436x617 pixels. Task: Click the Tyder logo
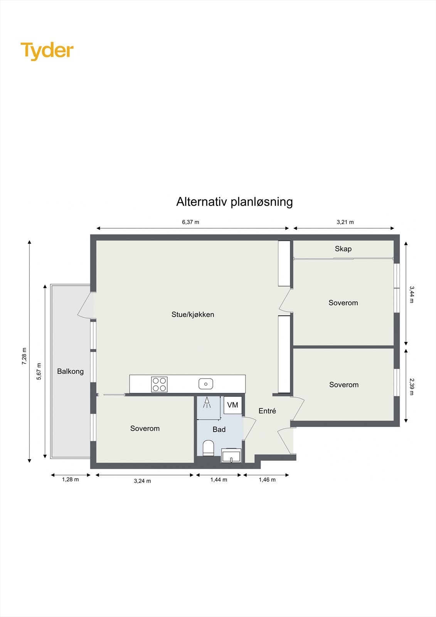click(x=47, y=51)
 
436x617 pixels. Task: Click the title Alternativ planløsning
click(x=234, y=202)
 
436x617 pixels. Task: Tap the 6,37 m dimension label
click(x=190, y=222)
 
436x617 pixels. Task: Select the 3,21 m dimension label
click(x=345, y=222)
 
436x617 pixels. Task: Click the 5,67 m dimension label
click(x=39, y=372)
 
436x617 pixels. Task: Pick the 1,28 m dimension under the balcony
click(x=71, y=480)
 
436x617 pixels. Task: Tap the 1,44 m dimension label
click(x=219, y=480)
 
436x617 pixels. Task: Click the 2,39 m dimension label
click(x=411, y=386)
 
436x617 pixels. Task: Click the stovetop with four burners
click(x=159, y=384)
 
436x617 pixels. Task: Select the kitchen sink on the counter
click(x=206, y=384)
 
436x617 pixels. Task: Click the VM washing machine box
click(x=233, y=405)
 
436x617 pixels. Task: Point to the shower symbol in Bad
click(x=207, y=403)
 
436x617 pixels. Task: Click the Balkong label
click(x=70, y=371)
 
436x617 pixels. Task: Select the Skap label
click(x=343, y=249)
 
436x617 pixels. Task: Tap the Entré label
click(x=267, y=411)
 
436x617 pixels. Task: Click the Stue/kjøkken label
click(x=193, y=315)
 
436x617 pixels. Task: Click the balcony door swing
click(x=86, y=305)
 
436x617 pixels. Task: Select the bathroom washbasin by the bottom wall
click(x=231, y=455)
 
